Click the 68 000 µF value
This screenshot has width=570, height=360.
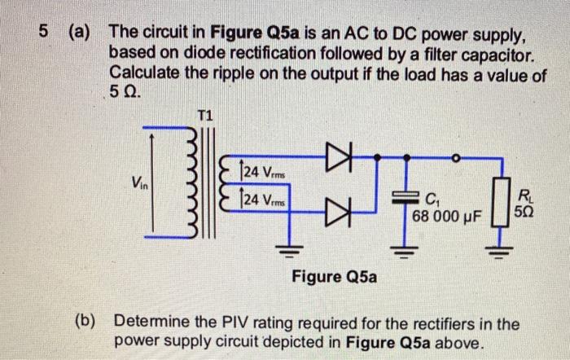tap(447, 217)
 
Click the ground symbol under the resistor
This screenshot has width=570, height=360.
tap(503, 247)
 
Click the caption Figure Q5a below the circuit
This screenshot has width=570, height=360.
tap(334, 277)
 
